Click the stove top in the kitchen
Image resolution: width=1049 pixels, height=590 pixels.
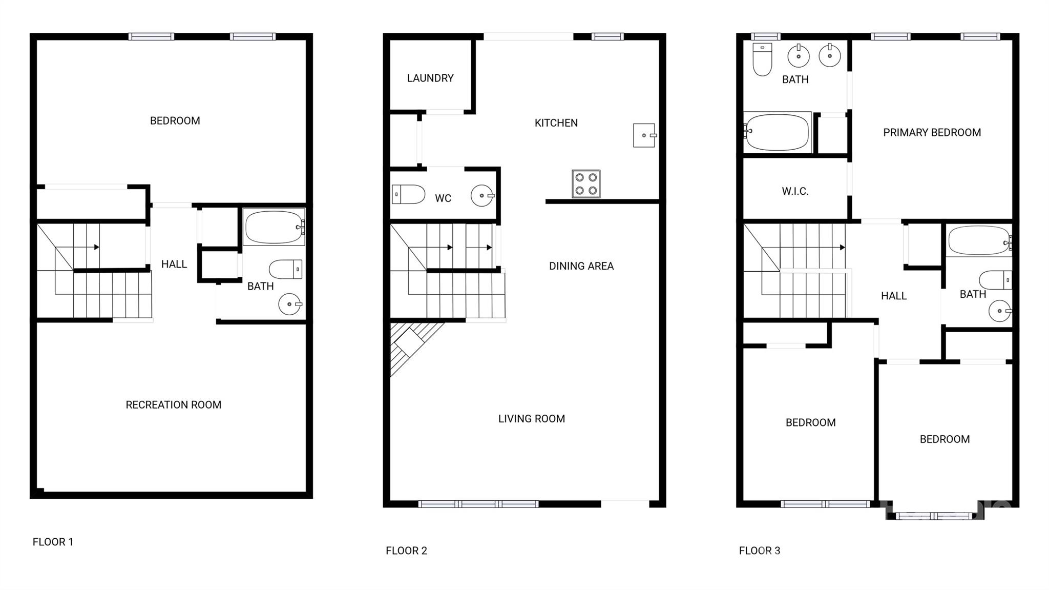point(586,184)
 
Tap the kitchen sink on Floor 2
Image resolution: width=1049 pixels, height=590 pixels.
point(645,135)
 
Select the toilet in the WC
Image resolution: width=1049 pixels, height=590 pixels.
point(409,195)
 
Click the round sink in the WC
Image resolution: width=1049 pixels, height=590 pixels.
point(482,196)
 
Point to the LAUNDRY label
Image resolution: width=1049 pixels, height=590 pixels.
point(430,78)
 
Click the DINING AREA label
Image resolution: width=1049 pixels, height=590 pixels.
point(581,266)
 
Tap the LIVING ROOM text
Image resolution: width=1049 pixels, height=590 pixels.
point(532,419)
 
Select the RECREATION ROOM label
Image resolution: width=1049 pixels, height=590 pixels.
point(174,405)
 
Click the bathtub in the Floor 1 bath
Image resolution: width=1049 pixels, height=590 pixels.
point(275,227)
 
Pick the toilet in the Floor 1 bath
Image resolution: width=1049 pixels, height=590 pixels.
point(286,269)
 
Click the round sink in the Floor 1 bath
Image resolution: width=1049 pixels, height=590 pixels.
point(290,304)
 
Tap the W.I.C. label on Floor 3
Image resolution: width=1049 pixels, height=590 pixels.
point(795,192)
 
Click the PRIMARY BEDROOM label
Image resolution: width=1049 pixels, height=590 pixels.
point(932,133)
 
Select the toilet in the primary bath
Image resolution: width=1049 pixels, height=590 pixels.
point(762,59)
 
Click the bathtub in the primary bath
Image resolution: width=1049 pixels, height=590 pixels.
point(778,132)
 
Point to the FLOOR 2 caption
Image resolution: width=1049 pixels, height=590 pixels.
point(406,551)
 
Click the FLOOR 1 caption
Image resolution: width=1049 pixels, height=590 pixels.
point(53,542)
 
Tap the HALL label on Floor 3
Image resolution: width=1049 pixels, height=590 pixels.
point(894,296)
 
